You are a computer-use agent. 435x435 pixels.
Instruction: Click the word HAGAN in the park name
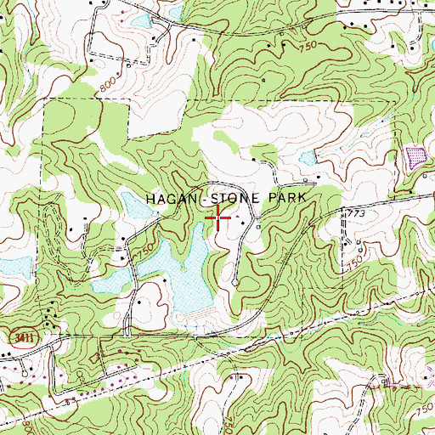171,198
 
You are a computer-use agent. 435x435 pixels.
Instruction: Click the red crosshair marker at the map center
219,217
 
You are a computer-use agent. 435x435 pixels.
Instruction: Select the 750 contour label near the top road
308,42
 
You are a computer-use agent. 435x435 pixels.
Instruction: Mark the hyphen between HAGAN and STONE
204,198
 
